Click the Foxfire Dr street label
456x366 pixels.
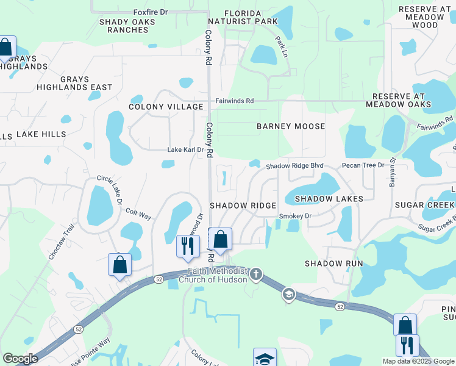150,12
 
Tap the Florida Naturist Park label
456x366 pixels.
251,17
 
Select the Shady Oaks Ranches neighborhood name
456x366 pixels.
127,26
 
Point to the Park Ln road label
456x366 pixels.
281,47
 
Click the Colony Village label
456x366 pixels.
166,107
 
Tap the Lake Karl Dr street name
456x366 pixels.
185,149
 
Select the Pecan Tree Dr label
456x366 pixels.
363,165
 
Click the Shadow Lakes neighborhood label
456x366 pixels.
329,199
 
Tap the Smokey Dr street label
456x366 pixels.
295,216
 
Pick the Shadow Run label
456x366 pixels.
333,264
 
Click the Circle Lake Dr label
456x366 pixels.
110,189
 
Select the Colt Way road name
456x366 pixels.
138,212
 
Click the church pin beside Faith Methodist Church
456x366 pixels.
256,275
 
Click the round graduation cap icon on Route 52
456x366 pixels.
288,295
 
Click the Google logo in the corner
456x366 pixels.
20,359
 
